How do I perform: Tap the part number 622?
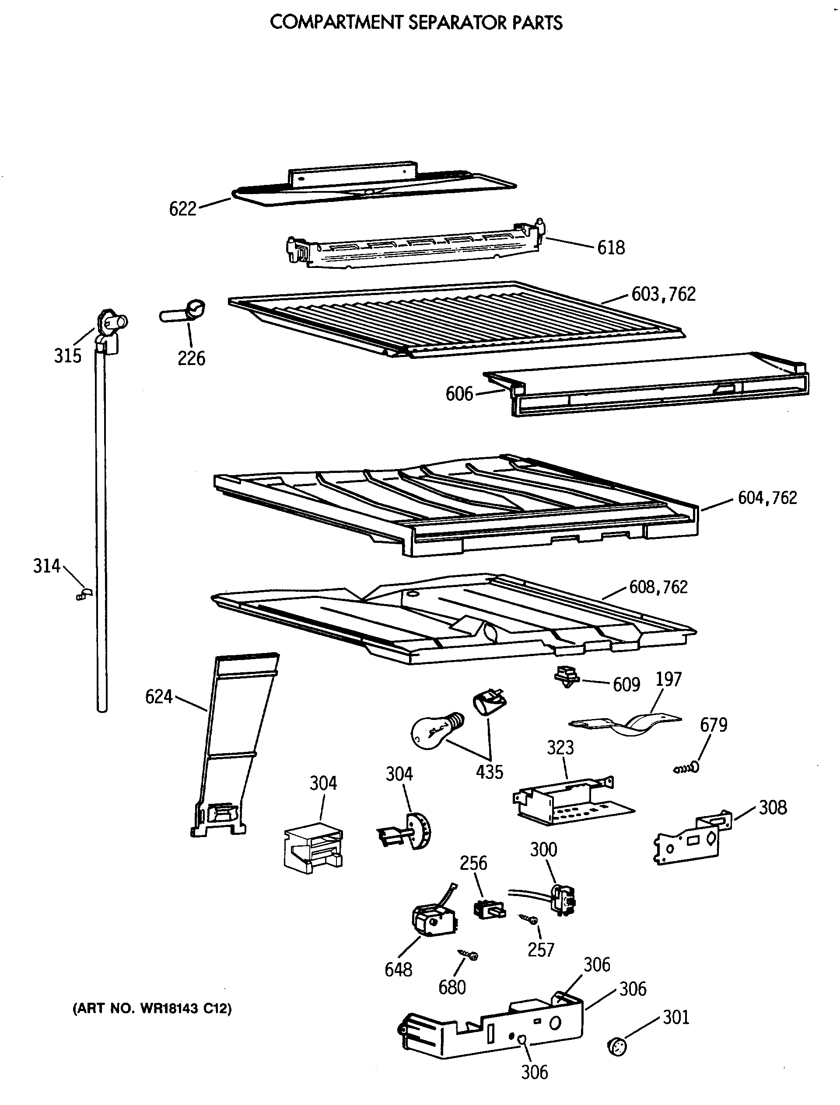[x=182, y=209]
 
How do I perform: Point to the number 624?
[x=158, y=696]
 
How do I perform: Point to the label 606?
[x=459, y=394]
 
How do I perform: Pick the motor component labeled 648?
[x=433, y=920]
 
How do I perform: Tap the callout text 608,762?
[x=658, y=587]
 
